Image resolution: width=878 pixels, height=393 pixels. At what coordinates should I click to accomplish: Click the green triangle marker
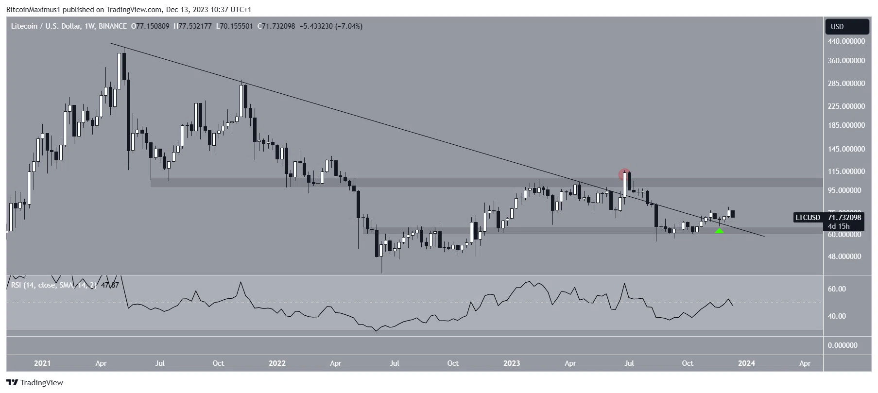pos(719,230)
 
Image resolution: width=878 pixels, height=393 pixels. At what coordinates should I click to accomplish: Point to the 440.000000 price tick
pos(846,42)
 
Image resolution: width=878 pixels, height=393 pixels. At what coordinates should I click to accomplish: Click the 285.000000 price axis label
pos(846,84)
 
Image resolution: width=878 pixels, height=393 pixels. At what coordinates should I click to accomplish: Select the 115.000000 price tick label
pos(846,171)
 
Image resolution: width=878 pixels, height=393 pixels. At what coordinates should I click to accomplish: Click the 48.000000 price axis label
pos(846,256)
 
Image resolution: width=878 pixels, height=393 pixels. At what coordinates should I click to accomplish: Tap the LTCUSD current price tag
pos(827,218)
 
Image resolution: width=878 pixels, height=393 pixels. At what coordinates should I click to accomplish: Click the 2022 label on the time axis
pos(277,363)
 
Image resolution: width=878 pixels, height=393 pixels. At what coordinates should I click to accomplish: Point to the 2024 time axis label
pos(746,363)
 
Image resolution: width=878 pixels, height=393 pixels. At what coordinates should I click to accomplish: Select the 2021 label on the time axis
pos(42,363)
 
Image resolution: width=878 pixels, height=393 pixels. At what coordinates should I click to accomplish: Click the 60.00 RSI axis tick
pos(837,289)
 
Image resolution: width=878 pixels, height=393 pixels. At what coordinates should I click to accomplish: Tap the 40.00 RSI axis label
pos(837,316)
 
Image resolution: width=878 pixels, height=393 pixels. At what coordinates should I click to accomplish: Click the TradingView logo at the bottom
pos(35,382)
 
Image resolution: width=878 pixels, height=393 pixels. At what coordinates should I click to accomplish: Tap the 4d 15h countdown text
pos(839,226)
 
